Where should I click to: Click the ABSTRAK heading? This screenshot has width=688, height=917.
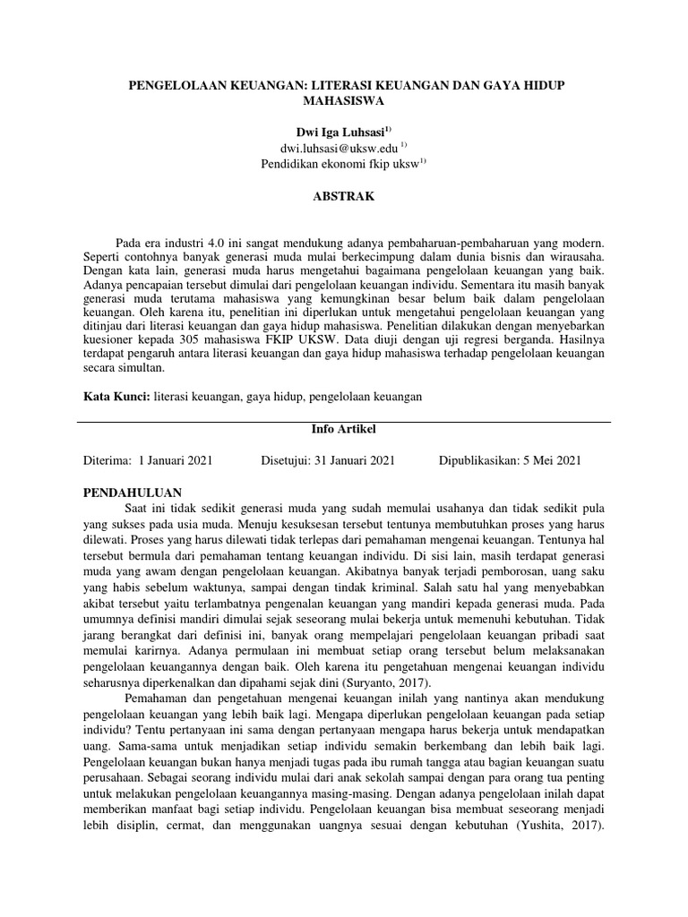344,196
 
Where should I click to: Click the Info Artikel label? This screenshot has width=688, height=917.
345,429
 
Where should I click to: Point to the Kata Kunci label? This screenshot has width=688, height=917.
116,395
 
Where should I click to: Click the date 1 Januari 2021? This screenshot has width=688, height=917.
176,460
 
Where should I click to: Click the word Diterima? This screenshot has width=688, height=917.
106,460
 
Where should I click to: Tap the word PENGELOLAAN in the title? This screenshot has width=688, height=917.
173,84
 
